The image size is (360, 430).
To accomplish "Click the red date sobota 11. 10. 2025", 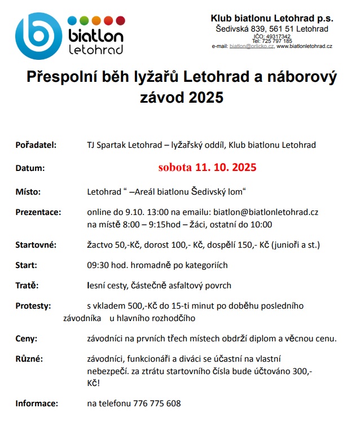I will (x=208, y=168).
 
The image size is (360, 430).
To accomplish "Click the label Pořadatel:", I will (x=36, y=145).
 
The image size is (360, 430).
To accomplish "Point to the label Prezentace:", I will (x=38, y=212).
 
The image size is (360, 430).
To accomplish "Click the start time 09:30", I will (x=98, y=265).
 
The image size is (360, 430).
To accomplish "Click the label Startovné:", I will (x=36, y=244).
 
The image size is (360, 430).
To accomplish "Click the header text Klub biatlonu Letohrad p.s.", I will (x=271, y=17).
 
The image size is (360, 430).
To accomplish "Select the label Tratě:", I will (x=27, y=286).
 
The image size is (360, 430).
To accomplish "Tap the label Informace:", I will (x=37, y=403).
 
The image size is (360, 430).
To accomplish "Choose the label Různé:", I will (x=29, y=359).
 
